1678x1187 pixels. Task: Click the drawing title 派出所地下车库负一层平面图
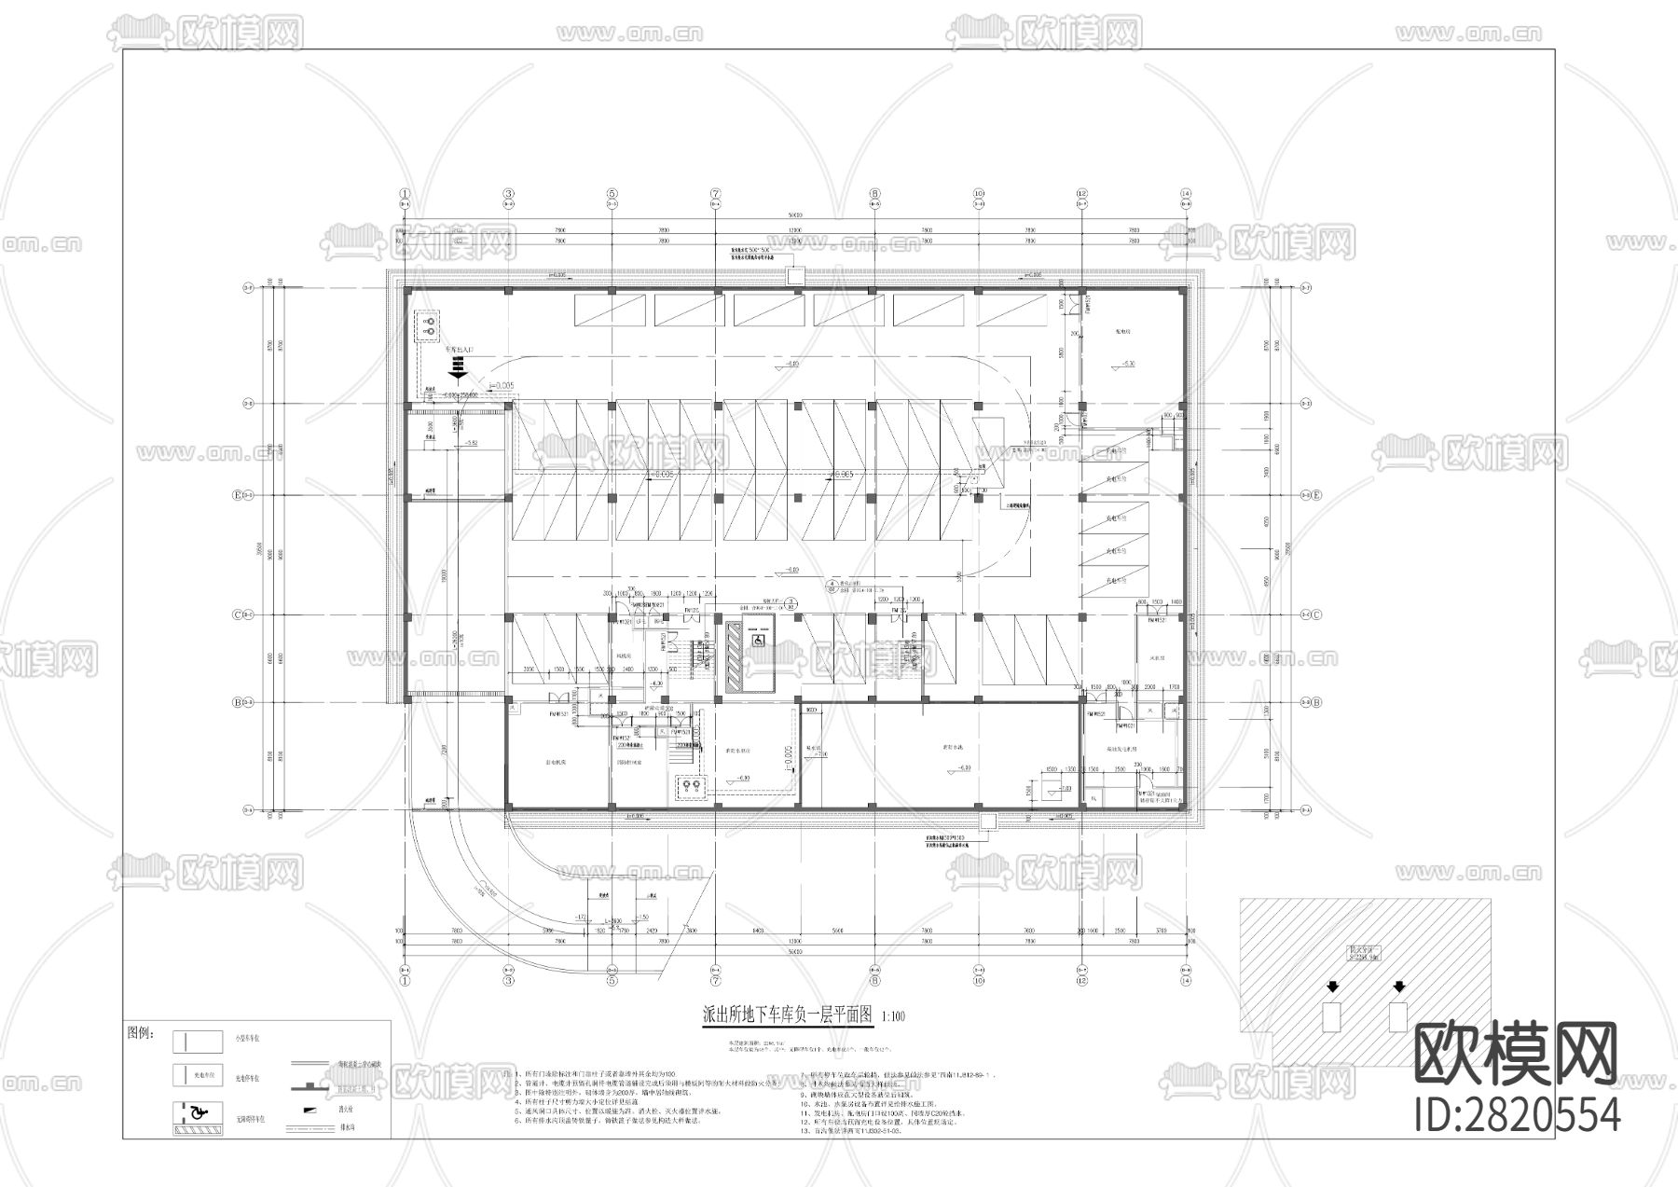pyautogui.click(x=787, y=1015)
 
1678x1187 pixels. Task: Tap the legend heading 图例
pyautogui.click(x=140, y=1034)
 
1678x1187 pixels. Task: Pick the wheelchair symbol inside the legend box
pyautogui.click(x=197, y=1111)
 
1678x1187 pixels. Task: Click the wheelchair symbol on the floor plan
pyautogui.click(x=759, y=641)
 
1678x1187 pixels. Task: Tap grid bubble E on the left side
pyautogui.click(x=237, y=495)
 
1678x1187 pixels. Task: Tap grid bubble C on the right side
pyautogui.click(x=1316, y=614)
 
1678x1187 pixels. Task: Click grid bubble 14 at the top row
pyautogui.click(x=1185, y=195)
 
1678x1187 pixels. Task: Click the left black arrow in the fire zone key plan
pyautogui.click(x=1332, y=987)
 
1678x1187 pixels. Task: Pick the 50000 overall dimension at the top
pyautogui.click(x=794, y=214)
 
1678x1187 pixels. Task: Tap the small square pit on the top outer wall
pyautogui.click(x=794, y=276)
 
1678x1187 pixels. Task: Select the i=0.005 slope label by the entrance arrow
pyautogui.click(x=502, y=384)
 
